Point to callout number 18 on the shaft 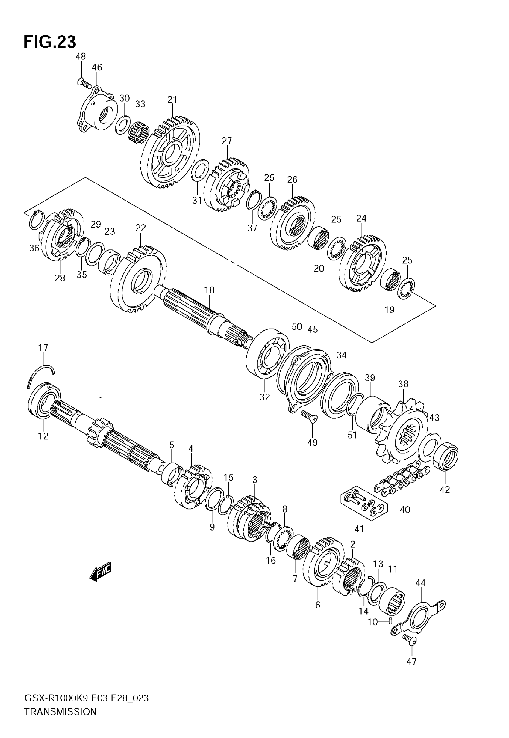[x=210, y=290]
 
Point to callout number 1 [x=102, y=400]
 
